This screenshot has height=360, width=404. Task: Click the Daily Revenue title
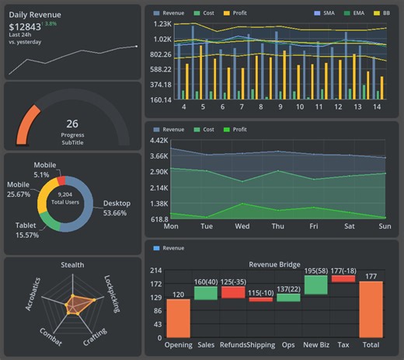35,15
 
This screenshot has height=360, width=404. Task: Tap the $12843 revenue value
26,28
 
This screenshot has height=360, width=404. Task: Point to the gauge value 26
72,124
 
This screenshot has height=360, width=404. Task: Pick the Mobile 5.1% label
44,170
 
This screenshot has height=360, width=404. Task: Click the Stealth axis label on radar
72,266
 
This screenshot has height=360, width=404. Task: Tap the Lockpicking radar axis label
111,294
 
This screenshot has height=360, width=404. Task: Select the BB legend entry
382,14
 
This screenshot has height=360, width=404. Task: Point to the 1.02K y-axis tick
162,39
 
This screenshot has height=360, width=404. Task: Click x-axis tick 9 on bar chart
280,107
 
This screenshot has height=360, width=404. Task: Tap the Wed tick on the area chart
242,226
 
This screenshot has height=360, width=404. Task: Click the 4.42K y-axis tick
158,141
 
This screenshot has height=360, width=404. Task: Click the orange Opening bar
178,318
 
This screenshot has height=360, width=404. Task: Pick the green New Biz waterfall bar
315,284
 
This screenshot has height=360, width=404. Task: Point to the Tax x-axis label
343,344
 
